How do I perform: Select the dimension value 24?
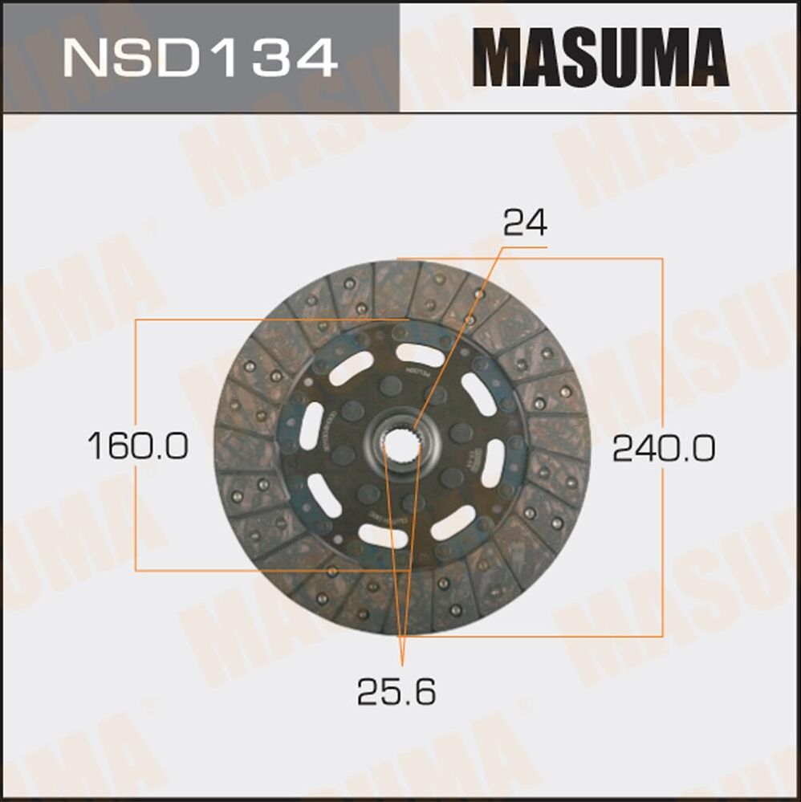525,223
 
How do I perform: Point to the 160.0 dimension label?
137,446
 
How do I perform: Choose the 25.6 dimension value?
396,690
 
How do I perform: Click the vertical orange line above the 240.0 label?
663,345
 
